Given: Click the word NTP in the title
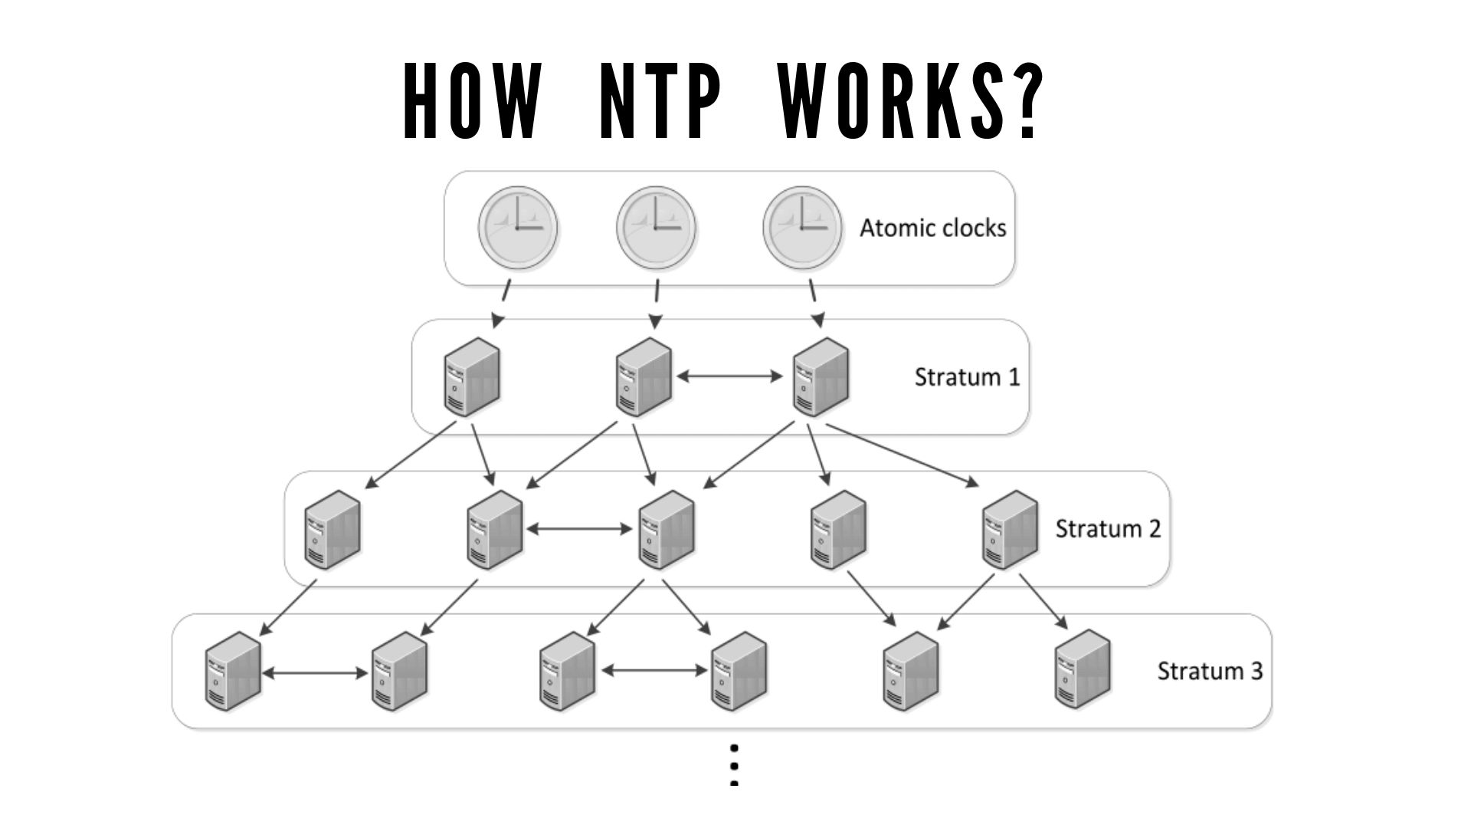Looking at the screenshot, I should (660, 101).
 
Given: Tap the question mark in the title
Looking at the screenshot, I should (1021, 101).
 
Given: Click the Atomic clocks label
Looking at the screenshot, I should (932, 228).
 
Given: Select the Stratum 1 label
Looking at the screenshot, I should (967, 377).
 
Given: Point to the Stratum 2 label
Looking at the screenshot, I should (1108, 529).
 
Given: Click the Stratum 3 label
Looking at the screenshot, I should (1209, 672).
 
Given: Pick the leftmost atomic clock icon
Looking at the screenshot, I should (518, 228).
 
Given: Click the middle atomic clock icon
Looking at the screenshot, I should (656, 228).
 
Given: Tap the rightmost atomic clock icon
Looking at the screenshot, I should (802, 228).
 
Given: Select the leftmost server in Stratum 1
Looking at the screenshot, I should (472, 377).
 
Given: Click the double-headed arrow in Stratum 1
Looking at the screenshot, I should (730, 376).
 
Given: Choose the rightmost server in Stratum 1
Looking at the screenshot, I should (821, 377).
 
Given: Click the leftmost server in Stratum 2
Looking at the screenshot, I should (332, 530).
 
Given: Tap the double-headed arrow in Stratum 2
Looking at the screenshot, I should (580, 529).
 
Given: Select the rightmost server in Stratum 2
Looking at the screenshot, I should (1010, 530).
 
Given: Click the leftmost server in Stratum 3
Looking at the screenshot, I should (233, 672).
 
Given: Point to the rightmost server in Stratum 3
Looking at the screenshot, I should (1083, 670).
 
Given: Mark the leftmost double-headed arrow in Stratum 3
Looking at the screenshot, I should (315, 673).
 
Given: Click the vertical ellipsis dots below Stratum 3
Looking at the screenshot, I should (734, 765).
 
